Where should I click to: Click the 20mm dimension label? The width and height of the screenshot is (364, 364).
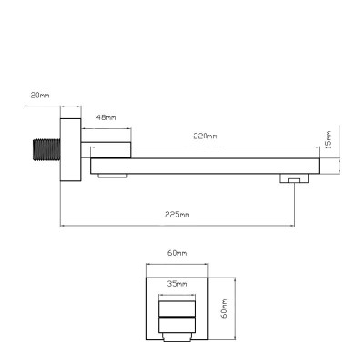point(40,96)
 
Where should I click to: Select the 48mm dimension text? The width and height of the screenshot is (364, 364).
point(106,117)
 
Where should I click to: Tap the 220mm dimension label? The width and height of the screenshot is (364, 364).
point(206,136)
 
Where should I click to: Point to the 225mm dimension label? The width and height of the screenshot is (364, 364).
point(177,215)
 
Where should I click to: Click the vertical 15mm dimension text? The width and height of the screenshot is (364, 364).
point(328,139)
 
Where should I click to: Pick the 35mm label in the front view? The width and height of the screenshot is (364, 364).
point(177,284)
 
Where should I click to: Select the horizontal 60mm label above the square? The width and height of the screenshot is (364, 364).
point(177,253)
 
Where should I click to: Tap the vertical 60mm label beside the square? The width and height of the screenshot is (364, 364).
point(224,308)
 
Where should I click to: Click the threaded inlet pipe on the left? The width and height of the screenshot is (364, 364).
point(46,149)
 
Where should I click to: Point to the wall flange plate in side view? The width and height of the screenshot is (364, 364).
point(71,150)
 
